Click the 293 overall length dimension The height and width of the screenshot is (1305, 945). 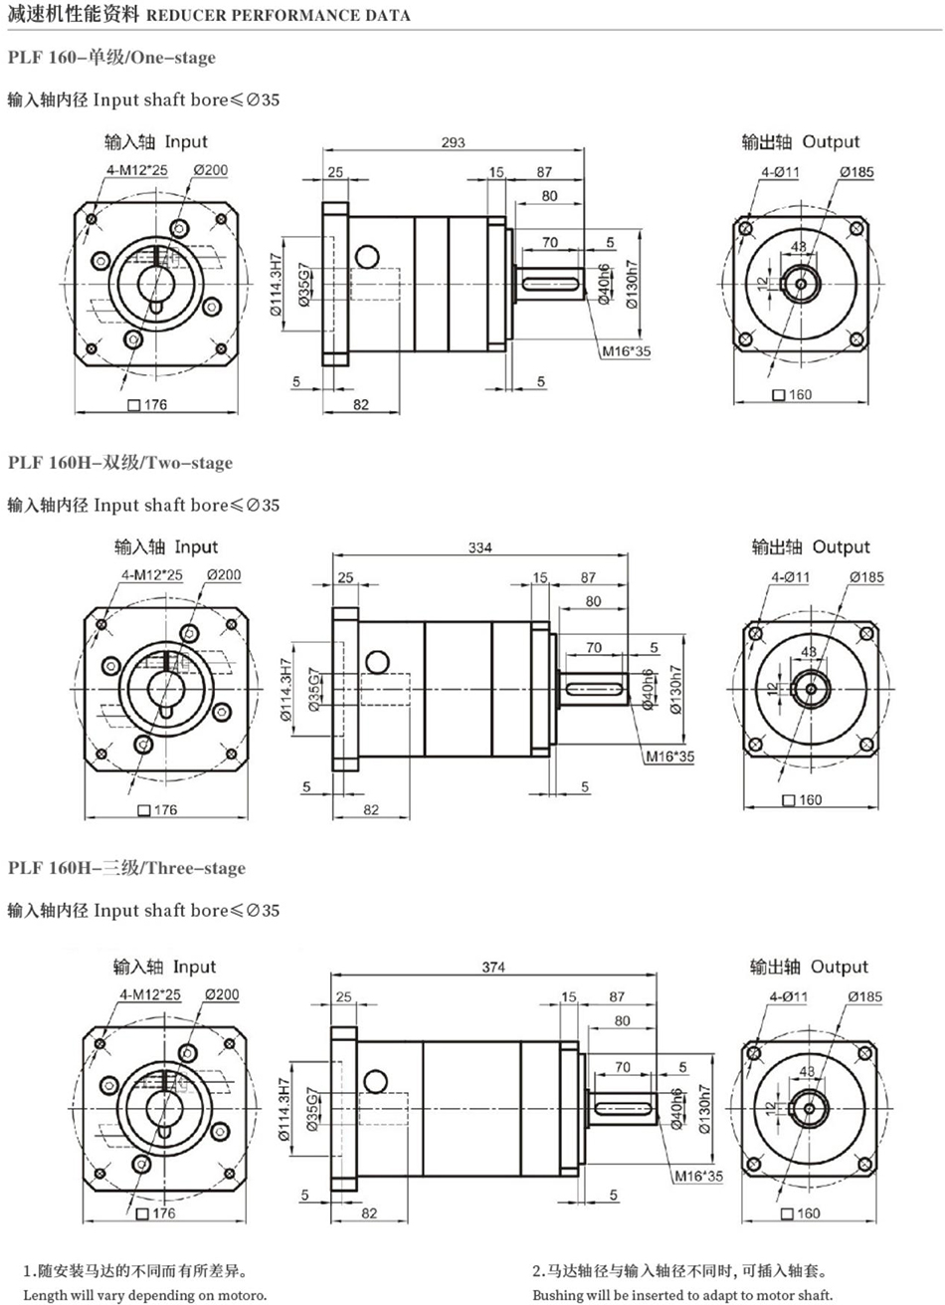(x=453, y=142)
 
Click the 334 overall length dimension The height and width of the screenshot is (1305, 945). (x=480, y=547)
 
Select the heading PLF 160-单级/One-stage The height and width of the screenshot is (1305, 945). (x=111, y=58)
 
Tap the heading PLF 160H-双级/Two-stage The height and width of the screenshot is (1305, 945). (x=120, y=463)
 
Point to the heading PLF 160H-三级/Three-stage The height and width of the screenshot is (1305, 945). (x=126, y=868)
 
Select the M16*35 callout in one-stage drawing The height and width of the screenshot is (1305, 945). (x=626, y=351)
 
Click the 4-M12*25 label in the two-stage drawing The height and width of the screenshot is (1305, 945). (x=152, y=575)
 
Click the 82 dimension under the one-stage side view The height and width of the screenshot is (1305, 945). (x=360, y=404)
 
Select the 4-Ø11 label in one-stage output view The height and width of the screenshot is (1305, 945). (x=781, y=172)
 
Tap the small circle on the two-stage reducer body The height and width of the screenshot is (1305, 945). (x=377, y=662)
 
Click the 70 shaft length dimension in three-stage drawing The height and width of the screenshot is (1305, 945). (x=623, y=1067)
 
